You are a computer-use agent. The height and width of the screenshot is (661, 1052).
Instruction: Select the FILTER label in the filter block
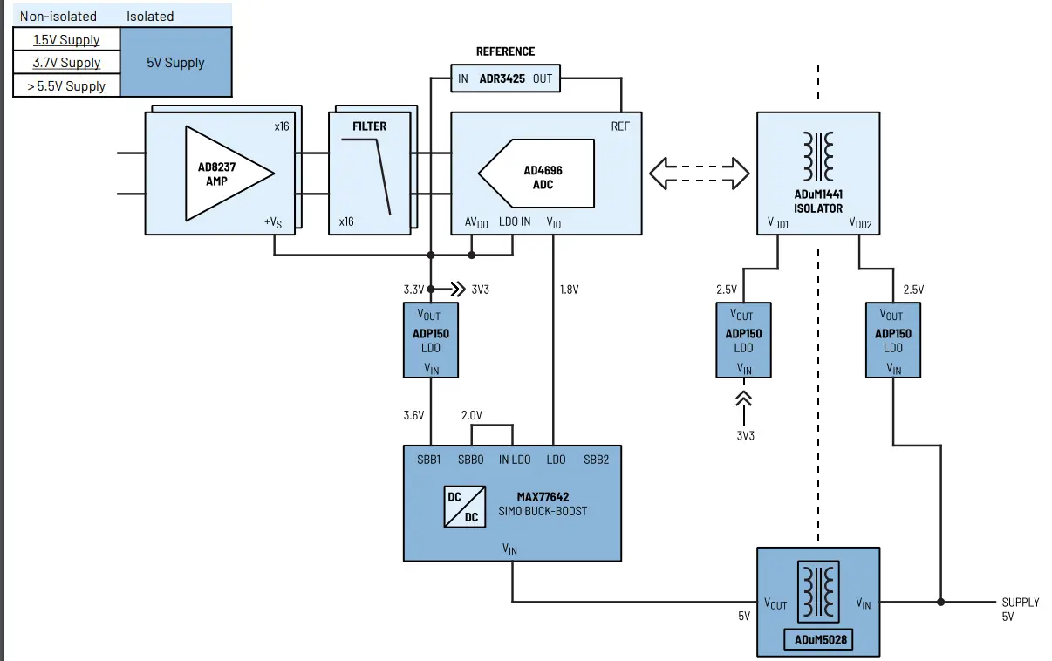[369, 126]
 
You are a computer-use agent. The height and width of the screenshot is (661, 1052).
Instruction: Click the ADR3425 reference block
[505, 78]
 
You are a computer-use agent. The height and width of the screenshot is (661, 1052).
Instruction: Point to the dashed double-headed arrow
[700, 172]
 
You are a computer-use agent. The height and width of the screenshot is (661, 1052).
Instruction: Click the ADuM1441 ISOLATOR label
[817, 201]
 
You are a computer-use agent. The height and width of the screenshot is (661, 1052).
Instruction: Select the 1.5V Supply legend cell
[66, 39]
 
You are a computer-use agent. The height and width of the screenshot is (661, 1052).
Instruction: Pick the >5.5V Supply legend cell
[66, 85]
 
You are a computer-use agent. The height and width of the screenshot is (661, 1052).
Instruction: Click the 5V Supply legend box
[176, 63]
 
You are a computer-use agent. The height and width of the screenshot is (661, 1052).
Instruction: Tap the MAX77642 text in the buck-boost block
[543, 497]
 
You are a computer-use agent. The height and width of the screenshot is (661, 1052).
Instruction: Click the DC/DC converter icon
[464, 507]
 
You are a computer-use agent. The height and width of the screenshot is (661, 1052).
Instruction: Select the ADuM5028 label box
[817, 640]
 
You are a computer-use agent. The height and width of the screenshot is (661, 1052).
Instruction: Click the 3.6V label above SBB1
[413, 416]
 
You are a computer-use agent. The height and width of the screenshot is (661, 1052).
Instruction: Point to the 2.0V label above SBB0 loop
[471, 415]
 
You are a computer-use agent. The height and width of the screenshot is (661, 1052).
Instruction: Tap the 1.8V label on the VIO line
[568, 290]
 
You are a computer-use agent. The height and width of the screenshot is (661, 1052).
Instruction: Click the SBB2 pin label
[596, 460]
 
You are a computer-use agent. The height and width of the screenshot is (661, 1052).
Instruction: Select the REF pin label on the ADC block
[619, 126]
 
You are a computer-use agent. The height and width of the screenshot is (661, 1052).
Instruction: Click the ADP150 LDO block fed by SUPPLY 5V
[892, 340]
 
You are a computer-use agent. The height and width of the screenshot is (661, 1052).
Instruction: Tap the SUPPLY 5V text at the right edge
[1020, 609]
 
